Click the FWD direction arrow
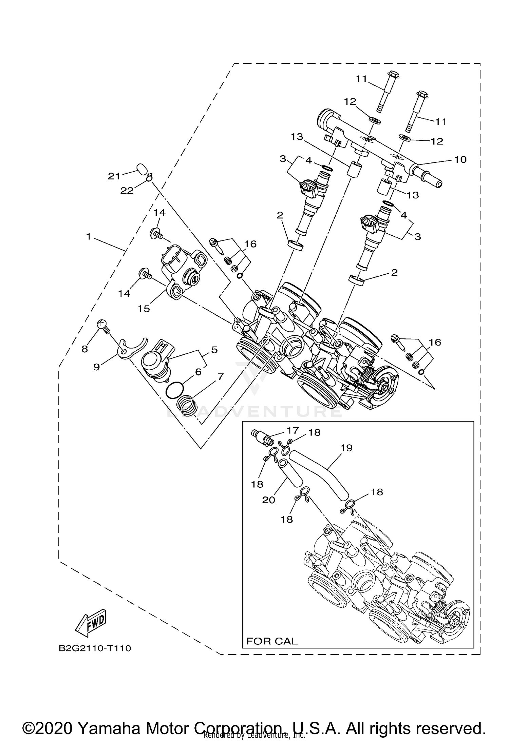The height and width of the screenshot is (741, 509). tap(90, 623)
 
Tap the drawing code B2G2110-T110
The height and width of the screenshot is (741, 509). tap(95, 648)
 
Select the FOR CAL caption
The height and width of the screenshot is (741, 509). tap(271, 641)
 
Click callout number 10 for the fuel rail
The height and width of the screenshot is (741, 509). tap(460, 159)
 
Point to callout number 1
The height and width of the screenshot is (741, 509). tap(89, 236)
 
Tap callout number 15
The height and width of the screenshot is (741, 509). tap(144, 308)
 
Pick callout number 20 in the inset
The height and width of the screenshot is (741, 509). tap(268, 500)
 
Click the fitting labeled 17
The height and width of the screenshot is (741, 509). tap(263, 437)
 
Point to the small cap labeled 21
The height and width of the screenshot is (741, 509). tap(142, 168)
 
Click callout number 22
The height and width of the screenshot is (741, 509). tap(127, 191)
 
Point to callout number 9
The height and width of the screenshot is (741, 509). tap(97, 367)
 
